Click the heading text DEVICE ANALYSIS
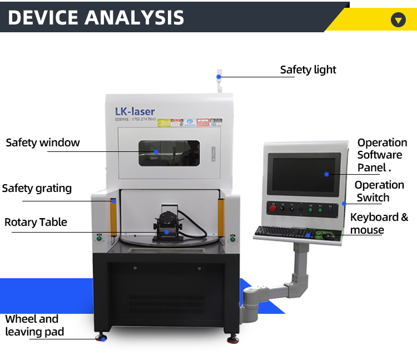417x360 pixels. click(x=96, y=17)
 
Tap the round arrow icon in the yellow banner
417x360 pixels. click(x=398, y=20)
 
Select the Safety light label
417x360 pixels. click(x=308, y=70)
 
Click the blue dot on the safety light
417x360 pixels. click(x=219, y=76)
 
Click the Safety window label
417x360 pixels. click(x=43, y=142)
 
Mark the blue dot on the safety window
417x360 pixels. click(x=156, y=151)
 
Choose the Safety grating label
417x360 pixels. click(x=37, y=188)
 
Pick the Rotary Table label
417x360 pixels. click(x=36, y=222)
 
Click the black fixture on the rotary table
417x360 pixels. click(x=166, y=223)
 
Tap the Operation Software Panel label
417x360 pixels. click(x=382, y=155)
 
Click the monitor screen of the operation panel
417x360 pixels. click(x=304, y=173)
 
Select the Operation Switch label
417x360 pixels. click(x=379, y=191)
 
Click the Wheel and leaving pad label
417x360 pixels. click(x=34, y=326)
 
